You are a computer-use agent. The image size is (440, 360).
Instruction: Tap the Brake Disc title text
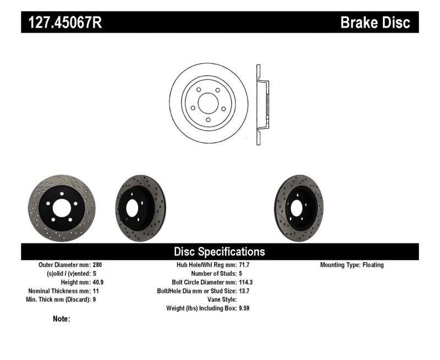375,23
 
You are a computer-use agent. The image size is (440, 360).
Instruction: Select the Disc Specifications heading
219,252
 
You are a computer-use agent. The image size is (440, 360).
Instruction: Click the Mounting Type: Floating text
352,265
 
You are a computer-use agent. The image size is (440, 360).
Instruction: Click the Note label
61,319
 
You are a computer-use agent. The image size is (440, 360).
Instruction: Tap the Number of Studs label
213,273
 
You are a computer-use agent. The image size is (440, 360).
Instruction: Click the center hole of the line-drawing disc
208,103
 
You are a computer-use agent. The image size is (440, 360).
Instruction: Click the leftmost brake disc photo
61,209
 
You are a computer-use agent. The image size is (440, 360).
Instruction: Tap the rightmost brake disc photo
299,208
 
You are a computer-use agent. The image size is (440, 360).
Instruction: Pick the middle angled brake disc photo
140,208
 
